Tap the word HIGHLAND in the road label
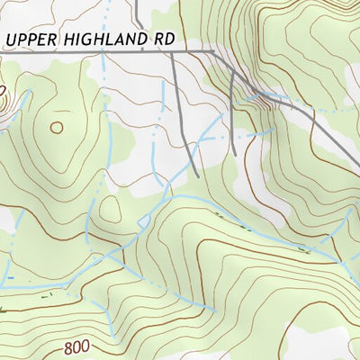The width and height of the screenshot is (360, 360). [99, 41]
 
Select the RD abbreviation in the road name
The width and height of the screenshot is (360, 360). [161, 41]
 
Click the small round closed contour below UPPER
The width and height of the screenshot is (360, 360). [57, 128]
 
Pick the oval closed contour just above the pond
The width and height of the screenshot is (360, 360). [111, 209]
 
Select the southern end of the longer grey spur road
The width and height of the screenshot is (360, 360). [197, 175]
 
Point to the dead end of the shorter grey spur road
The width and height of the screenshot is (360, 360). [234, 154]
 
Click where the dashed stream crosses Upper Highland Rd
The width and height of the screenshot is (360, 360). [103, 52]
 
